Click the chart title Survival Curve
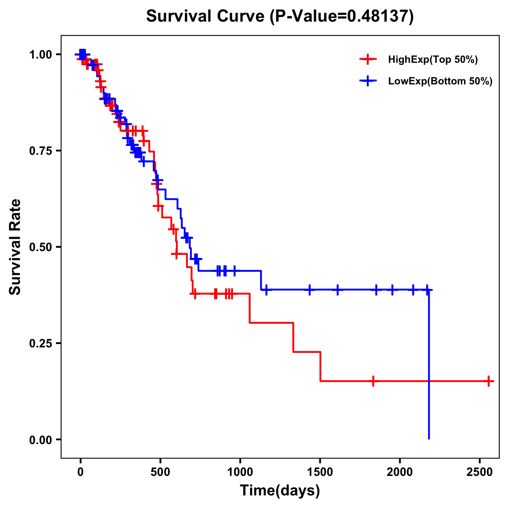(x=206, y=17)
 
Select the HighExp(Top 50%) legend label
(x=433, y=60)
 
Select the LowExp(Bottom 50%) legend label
(x=440, y=81)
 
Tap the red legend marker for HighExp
(x=368, y=60)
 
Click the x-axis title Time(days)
(x=280, y=491)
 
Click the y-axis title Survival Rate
(x=15, y=247)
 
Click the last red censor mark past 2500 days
(x=489, y=381)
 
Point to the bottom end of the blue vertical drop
(x=429, y=439)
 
